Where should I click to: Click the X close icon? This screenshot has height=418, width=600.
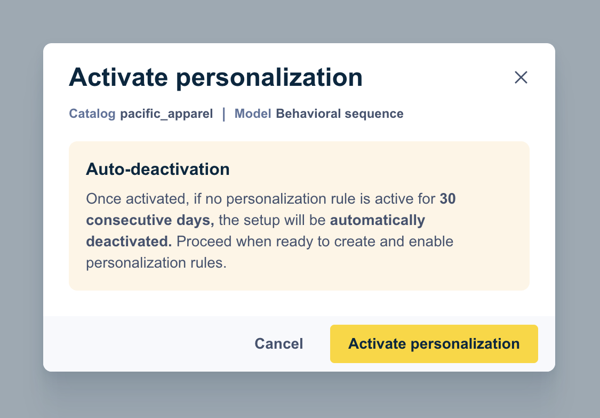coord(521,78)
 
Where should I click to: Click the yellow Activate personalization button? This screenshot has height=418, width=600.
coord(434,344)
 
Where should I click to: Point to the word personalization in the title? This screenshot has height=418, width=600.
coord(269,78)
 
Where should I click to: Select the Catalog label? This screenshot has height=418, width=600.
coord(92,114)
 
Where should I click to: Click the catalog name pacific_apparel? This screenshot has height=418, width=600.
coord(166,114)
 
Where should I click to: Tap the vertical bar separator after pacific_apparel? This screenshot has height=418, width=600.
coord(224,114)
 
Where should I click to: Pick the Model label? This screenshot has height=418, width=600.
coord(253,114)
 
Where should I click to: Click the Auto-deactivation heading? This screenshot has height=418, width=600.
coord(158,170)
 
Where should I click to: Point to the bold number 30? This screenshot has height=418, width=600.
coord(447,199)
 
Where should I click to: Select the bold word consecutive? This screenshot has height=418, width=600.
coord(125,220)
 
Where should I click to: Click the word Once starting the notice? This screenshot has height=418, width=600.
coord(104,199)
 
